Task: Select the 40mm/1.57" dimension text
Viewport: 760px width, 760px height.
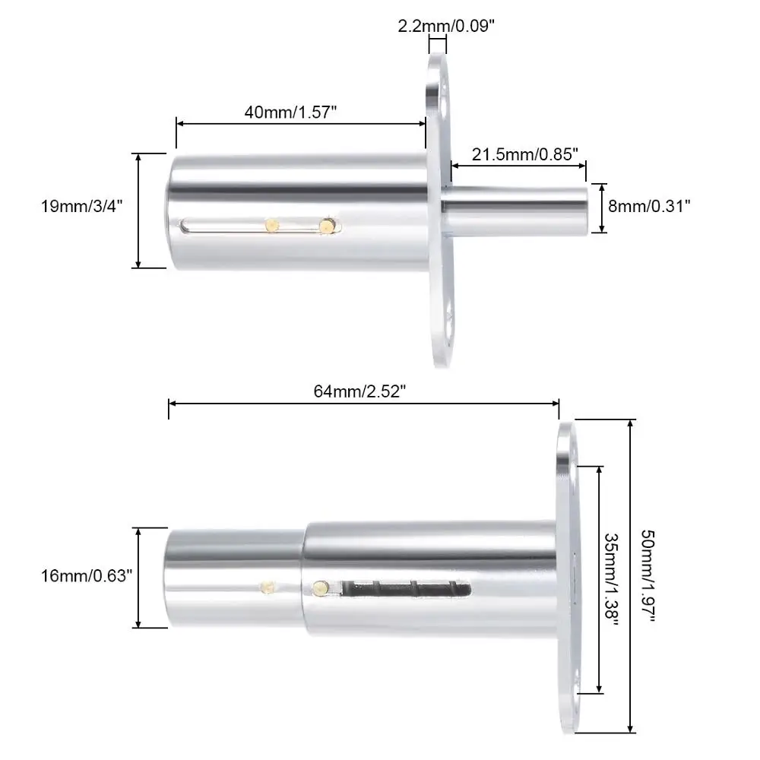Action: pyautogui.click(x=290, y=111)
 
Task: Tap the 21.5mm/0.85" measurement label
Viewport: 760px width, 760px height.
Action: pyautogui.click(x=519, y=154)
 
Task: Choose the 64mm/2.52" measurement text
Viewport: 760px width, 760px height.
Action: pyautogui.click(x=360, y=392)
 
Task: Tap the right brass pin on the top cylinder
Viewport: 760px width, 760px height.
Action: pyautogui.click(x=328, y=225)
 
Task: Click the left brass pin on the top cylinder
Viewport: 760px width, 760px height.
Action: pyautogui.click(x=271, y=224)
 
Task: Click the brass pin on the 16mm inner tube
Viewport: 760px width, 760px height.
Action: pyautogui.click(x=267, y=587)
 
